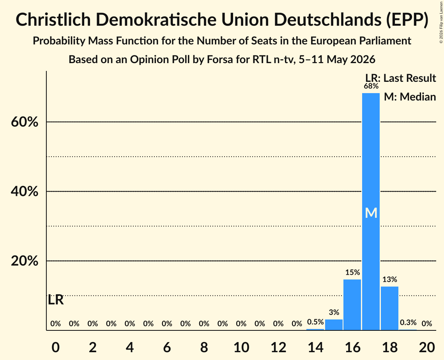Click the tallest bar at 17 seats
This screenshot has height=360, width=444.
point(371,212)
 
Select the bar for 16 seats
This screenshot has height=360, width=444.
point(352,305)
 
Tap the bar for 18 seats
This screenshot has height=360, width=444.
point(390,308)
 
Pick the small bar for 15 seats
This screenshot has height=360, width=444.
point(334,325)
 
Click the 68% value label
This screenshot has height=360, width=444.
point(371,86)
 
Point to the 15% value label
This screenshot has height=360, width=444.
point(352,272)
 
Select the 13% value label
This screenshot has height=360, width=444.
point(390,279)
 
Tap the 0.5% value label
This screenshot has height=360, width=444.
point(315,322)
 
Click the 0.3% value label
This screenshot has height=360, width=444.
point(408,322)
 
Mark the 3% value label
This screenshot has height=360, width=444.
point(334,312)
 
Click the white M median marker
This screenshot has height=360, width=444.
point(371,213)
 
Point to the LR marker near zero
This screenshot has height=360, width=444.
point(56,300)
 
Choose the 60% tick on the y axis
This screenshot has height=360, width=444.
point(25,122)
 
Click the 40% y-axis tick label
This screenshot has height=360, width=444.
point(25,191)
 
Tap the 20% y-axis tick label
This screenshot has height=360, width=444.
point(25,261)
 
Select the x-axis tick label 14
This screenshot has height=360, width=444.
point(315,347)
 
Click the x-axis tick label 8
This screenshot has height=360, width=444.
point(204,347)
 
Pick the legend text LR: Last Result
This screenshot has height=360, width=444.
point(401,78)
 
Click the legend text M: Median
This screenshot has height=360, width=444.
point(410,97)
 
